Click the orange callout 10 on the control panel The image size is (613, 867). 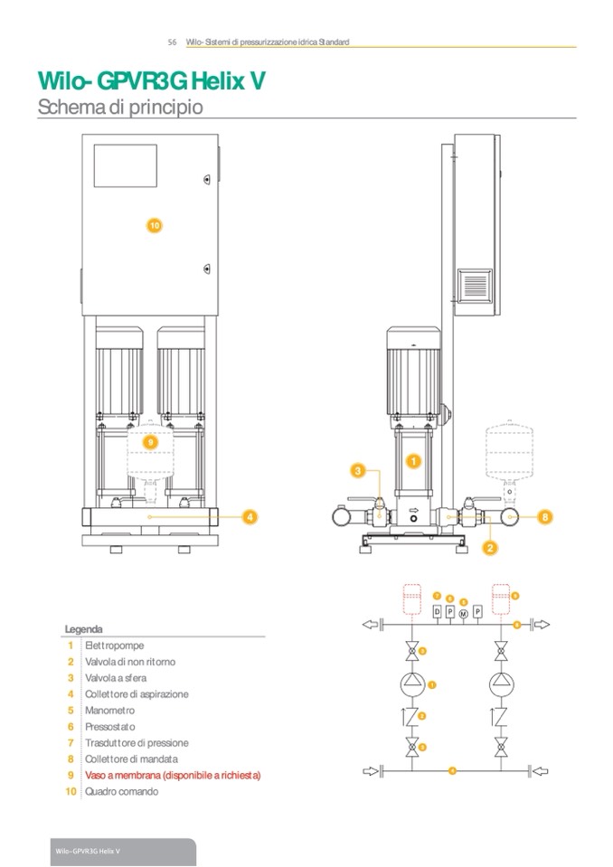154,225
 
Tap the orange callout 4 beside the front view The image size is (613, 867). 250,516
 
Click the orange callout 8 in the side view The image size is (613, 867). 544,516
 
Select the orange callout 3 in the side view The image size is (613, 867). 358,471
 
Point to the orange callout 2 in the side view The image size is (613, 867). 489,547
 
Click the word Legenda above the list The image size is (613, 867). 83,629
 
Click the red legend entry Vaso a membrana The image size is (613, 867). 173,776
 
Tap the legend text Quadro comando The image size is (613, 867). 121,792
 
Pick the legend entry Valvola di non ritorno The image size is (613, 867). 130,662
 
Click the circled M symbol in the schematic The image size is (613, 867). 464,614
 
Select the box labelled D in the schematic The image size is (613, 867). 437,612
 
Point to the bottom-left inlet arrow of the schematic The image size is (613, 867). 370,770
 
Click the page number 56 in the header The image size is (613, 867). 172,42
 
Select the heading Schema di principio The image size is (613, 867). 119,107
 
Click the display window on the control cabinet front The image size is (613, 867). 126,166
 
